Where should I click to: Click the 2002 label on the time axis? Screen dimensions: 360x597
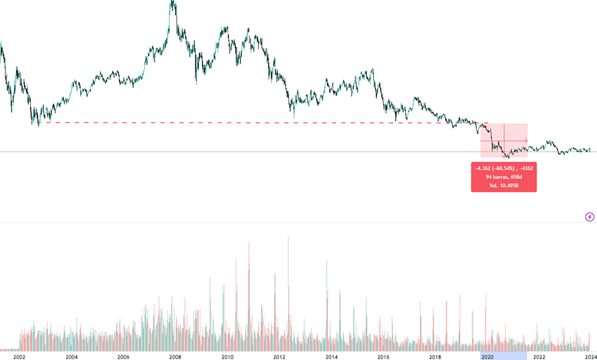click(x=19, y=357)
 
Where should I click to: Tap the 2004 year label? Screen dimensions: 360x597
click(x=71, y=357)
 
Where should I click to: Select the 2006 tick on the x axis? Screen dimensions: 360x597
click(x=123, y=357)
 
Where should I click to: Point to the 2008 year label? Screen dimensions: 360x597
click(x=175, y=357)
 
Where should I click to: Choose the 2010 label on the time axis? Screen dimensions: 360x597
click(x=227, y=357)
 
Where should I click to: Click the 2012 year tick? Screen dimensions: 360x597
click(x=279, y=357)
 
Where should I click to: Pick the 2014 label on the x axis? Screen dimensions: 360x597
click(x=331, y=357)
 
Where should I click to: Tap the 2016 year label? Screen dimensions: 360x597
click(x=383, y=357)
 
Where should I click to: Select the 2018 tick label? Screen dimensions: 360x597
click(x=435, y=357)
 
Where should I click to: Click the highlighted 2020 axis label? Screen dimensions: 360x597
click(x=487, y=357)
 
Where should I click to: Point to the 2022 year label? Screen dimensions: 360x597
click(x=539, y=357)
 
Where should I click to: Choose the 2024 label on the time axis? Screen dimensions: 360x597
click(x=590, y=357)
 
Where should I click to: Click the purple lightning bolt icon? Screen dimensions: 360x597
click(x=589, y=217)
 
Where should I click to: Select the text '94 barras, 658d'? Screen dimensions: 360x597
click(x=504, y=177)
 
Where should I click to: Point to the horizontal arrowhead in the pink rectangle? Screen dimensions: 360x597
click(x=526, y=141)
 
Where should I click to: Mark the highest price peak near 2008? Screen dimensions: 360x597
click(x=173, y=2)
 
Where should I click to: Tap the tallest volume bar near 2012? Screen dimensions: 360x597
click(x=288, y=238)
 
